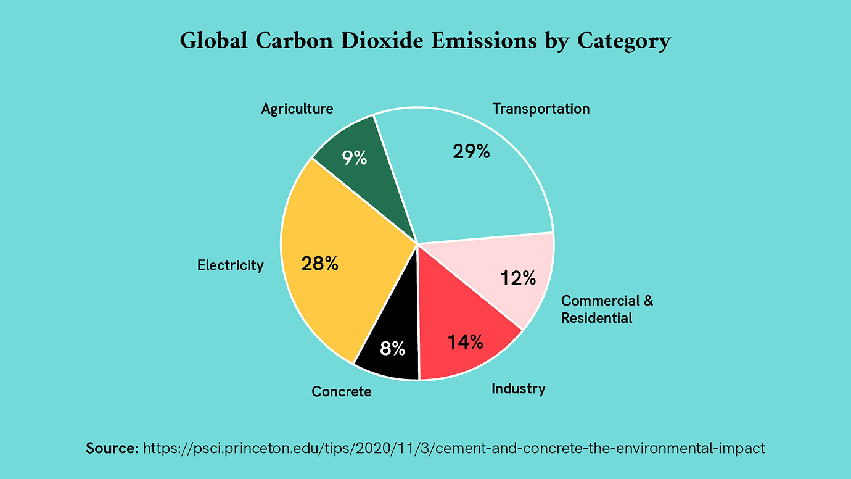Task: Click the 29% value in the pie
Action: point(471,151)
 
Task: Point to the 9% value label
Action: point(355,158)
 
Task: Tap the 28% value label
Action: point(319,264)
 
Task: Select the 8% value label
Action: point(393,349)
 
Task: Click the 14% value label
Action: point(466,341)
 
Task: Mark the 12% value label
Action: point(518,278)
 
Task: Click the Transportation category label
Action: point(541,109)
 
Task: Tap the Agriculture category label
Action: point(297,109)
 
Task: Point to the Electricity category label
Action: point(231,265)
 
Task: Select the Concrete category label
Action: point(342,391)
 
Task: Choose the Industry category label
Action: point(519,389)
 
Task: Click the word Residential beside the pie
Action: point(597,319)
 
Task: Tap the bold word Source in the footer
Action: point(112,448)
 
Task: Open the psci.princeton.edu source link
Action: point(453,448)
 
